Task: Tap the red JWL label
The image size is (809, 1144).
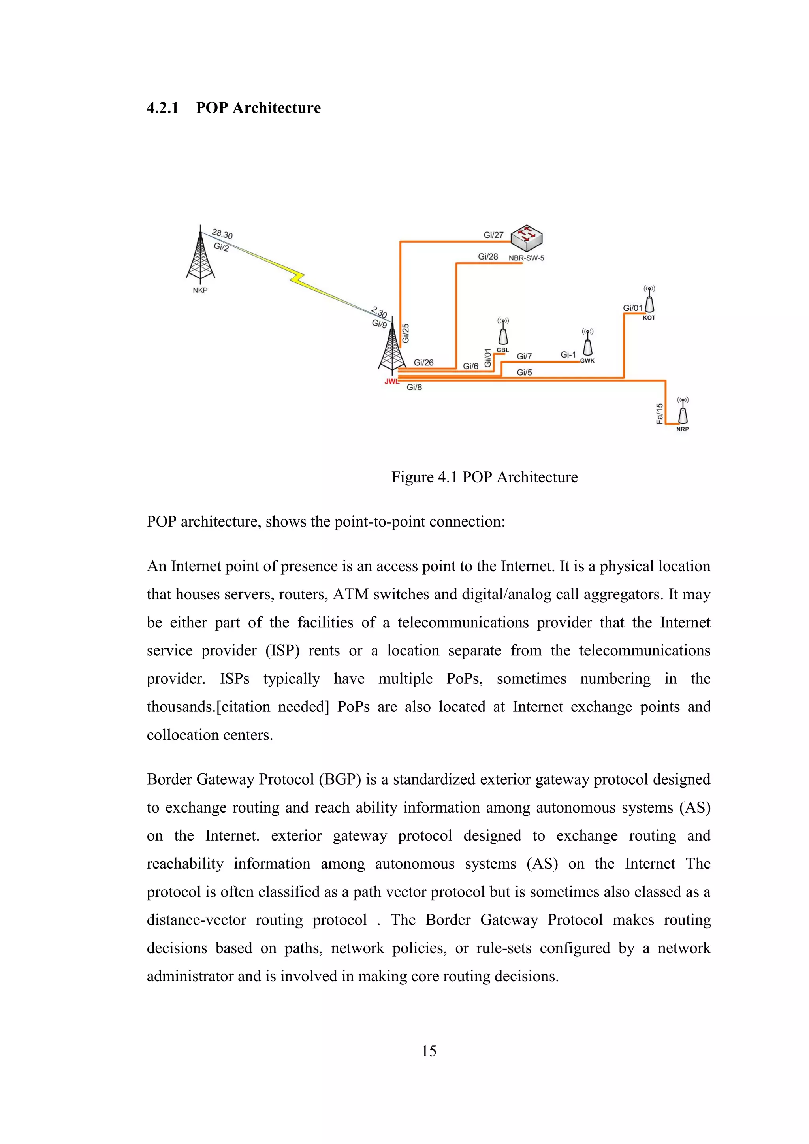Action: coord(391,382)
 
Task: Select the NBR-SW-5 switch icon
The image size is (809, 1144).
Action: coord(527,238)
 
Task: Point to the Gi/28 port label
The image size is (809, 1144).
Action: coord(488,257)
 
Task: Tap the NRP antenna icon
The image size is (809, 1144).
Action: coord(683,412)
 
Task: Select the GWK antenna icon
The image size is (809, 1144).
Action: coord(588,343)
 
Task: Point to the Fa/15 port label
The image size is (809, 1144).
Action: coord(660,414)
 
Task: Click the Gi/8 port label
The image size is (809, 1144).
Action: coord(414,387)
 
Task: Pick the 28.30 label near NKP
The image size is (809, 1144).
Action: coord(222,234)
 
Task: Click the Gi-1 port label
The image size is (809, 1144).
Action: coord(568,355)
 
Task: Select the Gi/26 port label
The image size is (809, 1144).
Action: coord(423,363)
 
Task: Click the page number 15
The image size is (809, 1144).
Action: coord(429,1051)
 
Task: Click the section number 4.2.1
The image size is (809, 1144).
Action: coord(162,108)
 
